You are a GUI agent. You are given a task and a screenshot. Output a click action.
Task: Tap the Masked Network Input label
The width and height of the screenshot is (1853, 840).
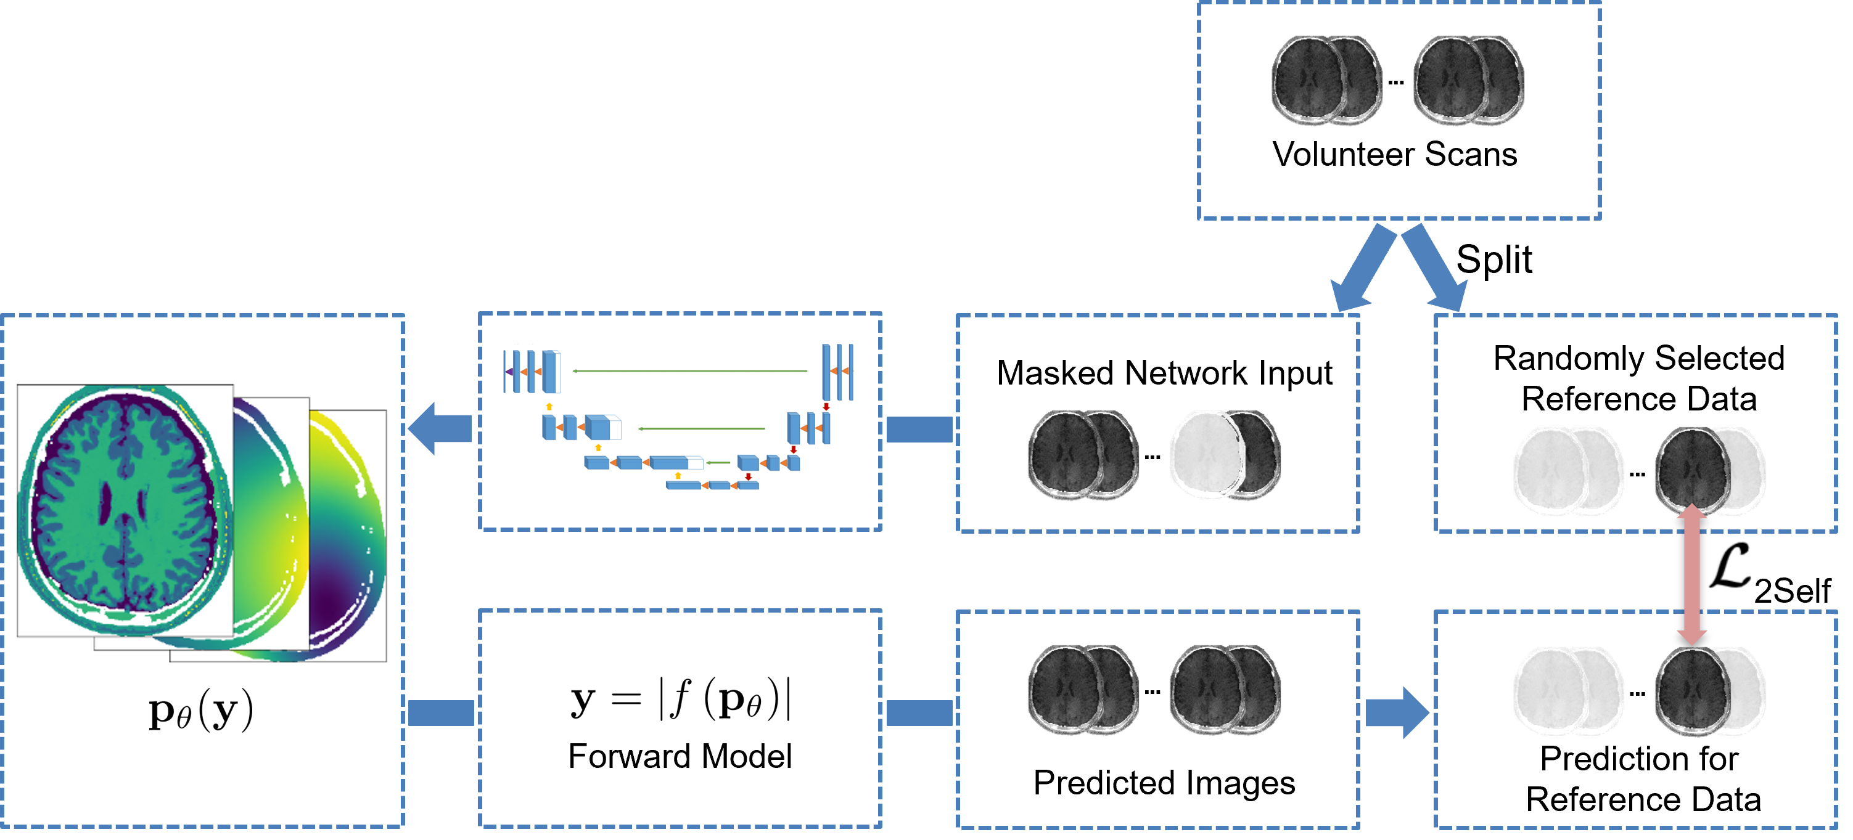(1164, 373)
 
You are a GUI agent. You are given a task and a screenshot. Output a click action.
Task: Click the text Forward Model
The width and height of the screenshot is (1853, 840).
(680, 757)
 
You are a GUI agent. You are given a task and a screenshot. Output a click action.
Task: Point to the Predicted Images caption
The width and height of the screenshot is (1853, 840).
(1164, 783)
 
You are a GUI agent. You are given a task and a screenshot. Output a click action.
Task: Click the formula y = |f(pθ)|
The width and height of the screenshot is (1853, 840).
(680, 699)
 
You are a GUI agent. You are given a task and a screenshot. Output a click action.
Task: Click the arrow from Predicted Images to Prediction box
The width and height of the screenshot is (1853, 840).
(1396, 712)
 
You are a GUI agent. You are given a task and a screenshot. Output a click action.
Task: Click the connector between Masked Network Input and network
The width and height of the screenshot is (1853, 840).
(919, 430)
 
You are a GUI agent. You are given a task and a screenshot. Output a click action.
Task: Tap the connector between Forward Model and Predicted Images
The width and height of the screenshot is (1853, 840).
(919, 712)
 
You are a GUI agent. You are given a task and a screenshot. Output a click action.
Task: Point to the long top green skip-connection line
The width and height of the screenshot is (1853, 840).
(691, 371)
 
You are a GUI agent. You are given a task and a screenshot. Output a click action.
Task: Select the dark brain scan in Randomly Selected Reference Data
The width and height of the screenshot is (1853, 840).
(1692, 469)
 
